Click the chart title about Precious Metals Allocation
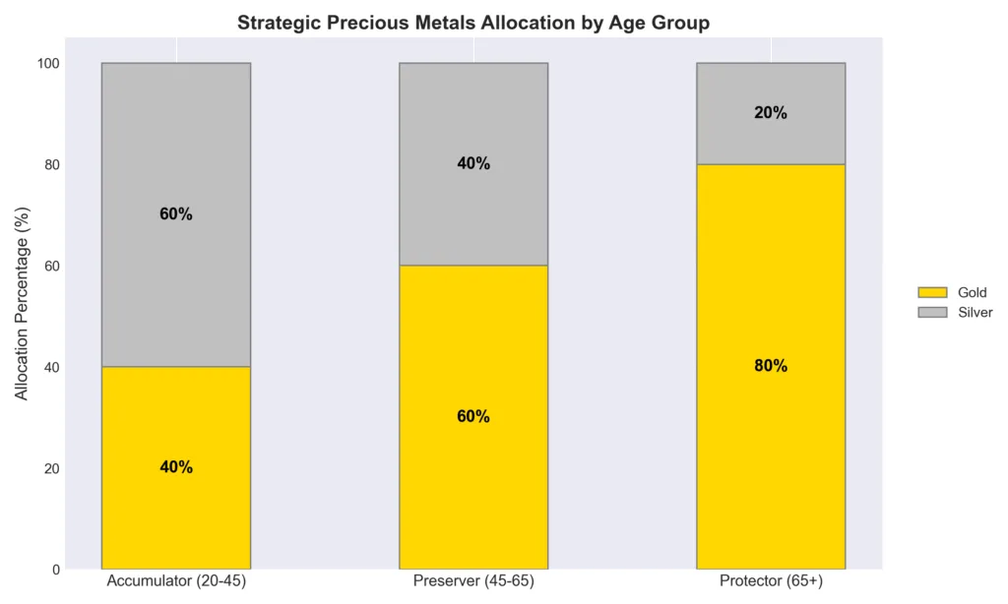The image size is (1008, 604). pos(473,23)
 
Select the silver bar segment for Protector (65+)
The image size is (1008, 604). pos(771,138)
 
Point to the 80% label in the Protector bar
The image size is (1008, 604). pos(771,366)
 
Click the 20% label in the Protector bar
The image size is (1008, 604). pos(771,113)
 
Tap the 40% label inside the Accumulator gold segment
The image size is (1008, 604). pos(176,467)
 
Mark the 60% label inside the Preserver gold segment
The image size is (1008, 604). pos(473,416)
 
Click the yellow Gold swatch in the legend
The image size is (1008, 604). pos(931,292)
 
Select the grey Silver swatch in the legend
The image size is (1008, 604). pos(931,312)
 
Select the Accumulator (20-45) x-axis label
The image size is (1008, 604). pos(176,581)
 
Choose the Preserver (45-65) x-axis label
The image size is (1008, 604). pos(473,581)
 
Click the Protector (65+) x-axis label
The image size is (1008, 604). pos(771,581)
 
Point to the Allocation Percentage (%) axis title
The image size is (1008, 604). pos(23,316)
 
